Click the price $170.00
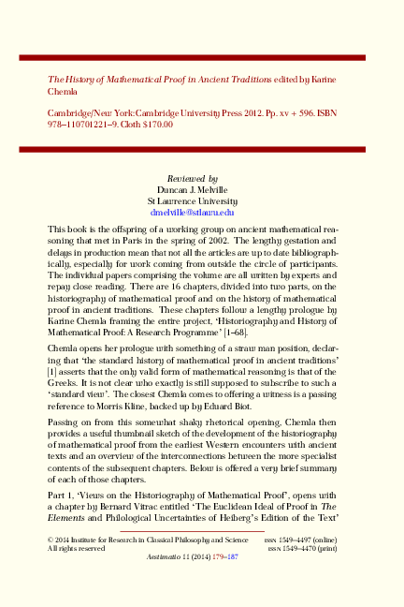(153, 124)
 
